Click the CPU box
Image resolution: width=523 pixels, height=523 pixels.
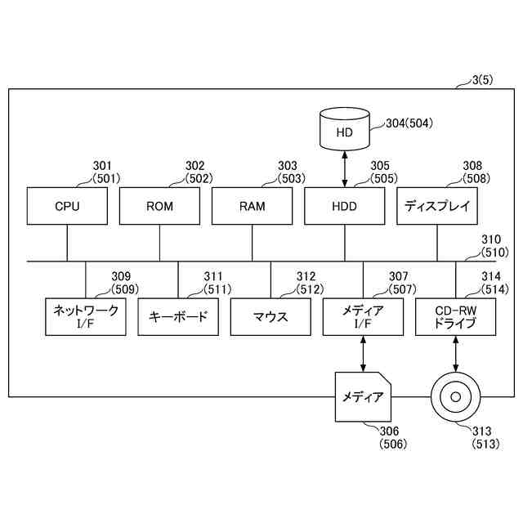[67, 206]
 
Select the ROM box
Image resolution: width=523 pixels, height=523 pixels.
[159, 206]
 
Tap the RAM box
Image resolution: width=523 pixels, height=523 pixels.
[252, 206]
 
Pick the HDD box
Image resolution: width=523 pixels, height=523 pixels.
[344, 206]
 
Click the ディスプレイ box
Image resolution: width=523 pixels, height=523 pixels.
[437, 206]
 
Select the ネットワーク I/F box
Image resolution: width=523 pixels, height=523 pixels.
[86, 316]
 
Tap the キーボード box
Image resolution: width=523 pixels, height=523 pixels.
[178, 316]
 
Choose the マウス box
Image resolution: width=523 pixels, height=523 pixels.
[270, 316]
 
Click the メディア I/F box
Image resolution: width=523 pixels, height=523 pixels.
[363, 316]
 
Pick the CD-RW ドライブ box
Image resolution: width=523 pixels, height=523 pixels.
[455, 316]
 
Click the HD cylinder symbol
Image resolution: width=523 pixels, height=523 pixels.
[344, 132]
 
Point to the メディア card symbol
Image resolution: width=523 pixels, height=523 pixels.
[363, 397]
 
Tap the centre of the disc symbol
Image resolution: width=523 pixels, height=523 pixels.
[455, 397]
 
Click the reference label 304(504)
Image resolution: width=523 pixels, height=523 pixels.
[409, 124]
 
